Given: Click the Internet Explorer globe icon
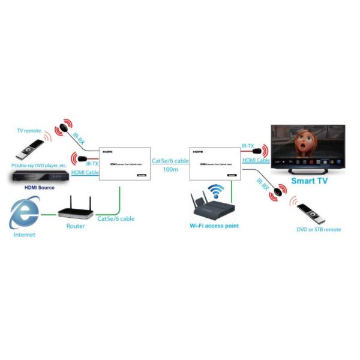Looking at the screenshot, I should [x=24, y=214].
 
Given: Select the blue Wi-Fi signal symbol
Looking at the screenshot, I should [x=215, y=191].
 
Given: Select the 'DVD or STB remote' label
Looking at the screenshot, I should [x=319, y=229].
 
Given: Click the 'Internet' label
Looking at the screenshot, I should [x=24, y=235].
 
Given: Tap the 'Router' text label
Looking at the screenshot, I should [x=75, y=226].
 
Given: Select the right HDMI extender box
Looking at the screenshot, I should [x=214, y=163].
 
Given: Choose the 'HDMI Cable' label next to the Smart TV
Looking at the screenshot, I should [x=255, y=160].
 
